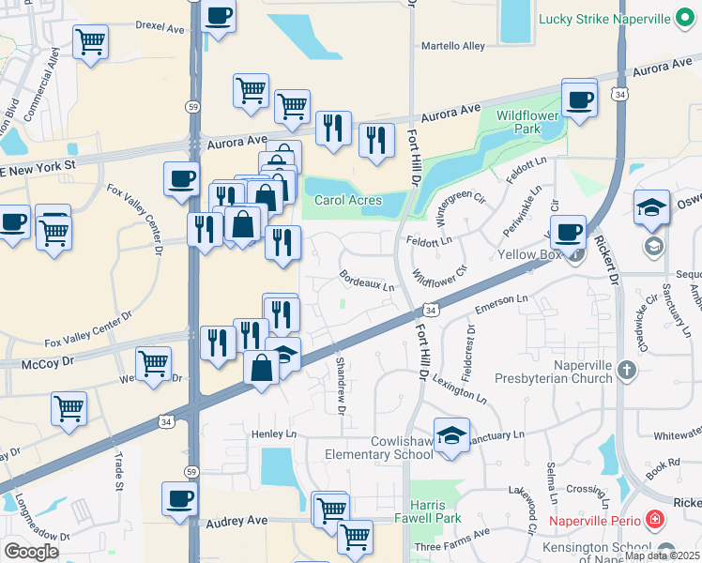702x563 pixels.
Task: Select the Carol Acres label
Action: [x=347, y=200]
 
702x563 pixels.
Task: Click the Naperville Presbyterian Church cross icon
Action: [x=628, y=372]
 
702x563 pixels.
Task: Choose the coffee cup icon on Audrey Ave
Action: [x=179, y=498]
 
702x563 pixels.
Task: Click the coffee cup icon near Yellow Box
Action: [x=567, y=232]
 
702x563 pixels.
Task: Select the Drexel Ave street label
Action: [x=160, y=28]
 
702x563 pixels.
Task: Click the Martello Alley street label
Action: [x=453, y=45]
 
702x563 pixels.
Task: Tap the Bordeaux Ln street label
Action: [x=366, y=281]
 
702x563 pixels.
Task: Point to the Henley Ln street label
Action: [x=273, y=434]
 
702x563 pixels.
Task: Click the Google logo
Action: [x=31, y=552]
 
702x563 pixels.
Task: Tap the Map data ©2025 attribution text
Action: [x=661, y=555]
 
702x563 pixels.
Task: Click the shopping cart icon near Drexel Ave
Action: [x=90, y=41]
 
